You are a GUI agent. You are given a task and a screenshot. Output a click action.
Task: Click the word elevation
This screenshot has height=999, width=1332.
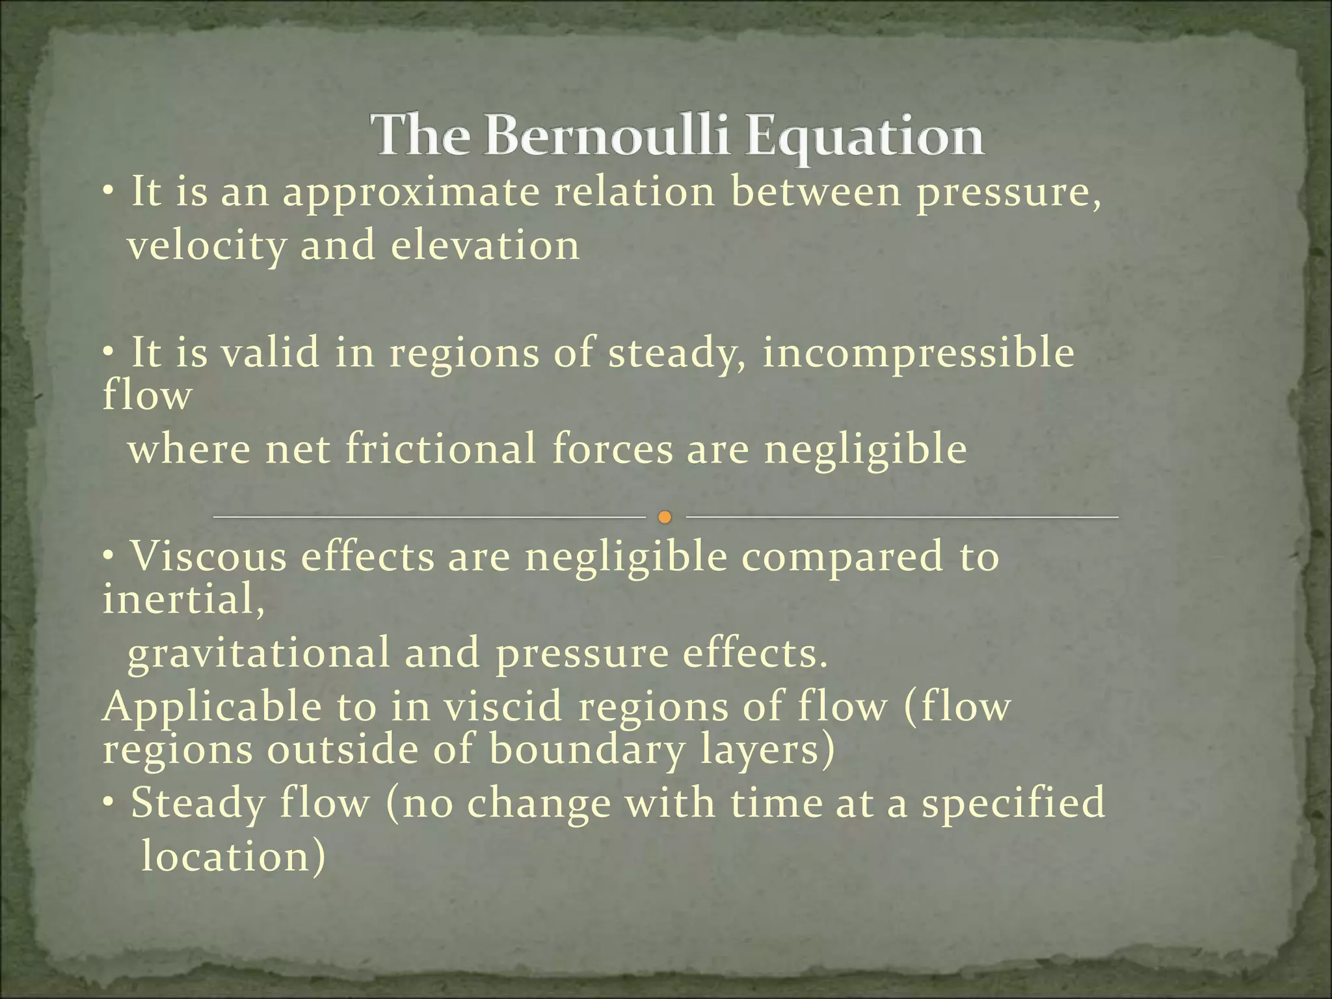(485, 246)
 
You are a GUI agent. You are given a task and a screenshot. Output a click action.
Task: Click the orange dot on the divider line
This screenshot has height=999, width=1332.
(664, 518)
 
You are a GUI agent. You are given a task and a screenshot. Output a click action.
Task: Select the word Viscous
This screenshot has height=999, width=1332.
(209, 557)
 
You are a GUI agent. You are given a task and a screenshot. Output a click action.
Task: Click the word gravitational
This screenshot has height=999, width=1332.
(258, 654)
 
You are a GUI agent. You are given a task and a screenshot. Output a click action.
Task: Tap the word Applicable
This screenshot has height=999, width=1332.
(211, 708)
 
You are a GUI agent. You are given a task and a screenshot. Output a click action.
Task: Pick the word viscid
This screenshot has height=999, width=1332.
(503, 707)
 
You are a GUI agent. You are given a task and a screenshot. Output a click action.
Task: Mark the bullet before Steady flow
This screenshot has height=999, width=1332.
(109, 804)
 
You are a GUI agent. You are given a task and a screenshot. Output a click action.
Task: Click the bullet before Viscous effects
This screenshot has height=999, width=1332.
(109, 557)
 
